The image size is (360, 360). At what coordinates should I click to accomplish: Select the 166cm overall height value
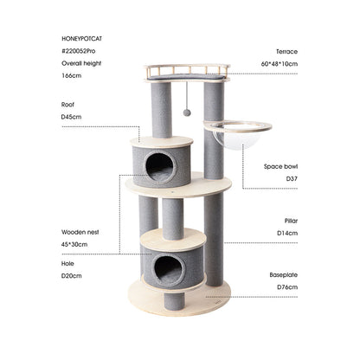[72, 76]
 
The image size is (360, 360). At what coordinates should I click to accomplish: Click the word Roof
[68, 104]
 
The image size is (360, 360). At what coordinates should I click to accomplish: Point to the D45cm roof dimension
[73, 116]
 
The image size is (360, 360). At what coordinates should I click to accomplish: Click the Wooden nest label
[80, 232]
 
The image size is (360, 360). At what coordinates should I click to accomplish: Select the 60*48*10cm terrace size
[279, 64]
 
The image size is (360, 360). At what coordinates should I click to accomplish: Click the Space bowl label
[280, 165]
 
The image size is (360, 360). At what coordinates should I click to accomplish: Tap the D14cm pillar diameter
[286, 233]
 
